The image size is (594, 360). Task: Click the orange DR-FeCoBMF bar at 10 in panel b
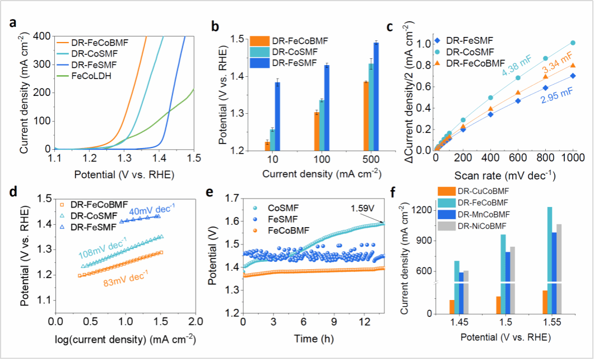(267, 146)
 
